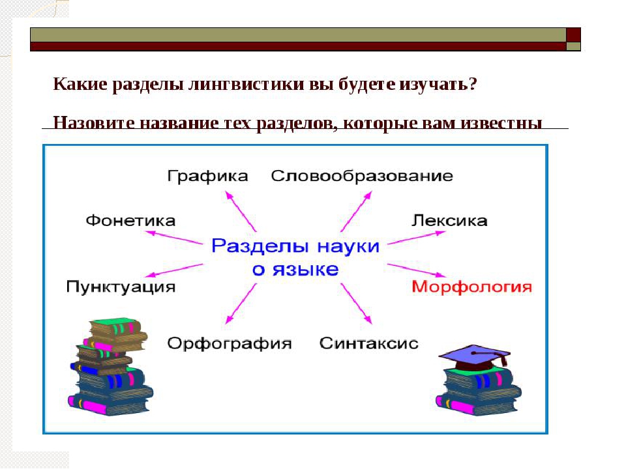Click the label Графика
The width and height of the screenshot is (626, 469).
click(x=207, y=177)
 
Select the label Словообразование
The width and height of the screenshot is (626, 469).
click(x=362, y=176)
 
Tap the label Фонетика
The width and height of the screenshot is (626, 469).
click(x=130, y=221)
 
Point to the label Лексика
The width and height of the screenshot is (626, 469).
click(x=449, y=221)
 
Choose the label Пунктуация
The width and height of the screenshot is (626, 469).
click(x=121, y=287)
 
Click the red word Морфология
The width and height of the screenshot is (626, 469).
click(x=472, y=287)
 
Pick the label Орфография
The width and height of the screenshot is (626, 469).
click(x=230, y=343)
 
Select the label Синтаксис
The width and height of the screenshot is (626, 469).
click(x=368, y=343)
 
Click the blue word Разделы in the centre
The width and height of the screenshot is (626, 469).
click(x=260, y=246)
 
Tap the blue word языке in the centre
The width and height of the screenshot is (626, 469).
click(x=305, y=270)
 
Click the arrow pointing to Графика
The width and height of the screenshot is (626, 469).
click(x=241, y=211)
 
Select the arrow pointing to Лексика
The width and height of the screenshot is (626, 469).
click(x=417, y=238)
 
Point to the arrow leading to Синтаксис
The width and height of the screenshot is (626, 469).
click(x=357, y=304)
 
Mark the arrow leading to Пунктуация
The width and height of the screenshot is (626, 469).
click(x=173, y=270)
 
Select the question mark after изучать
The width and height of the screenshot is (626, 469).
click(x=473, y=84)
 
